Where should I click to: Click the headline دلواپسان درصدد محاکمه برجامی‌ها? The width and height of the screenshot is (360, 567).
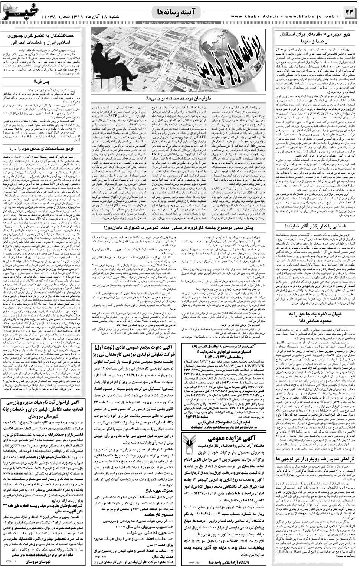[178, 98]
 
